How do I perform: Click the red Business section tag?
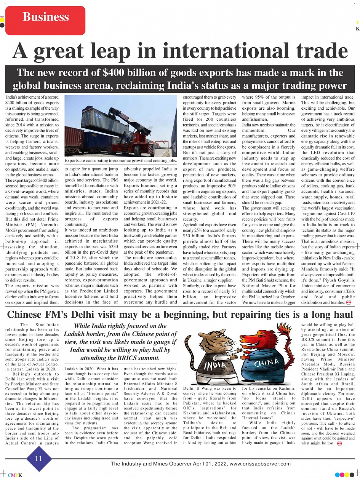click(x=45, y=20)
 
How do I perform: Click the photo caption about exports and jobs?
click(x=121, y=161)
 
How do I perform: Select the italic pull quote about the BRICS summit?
click(x=120, y=342)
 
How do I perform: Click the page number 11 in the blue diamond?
click(x=38, y=459)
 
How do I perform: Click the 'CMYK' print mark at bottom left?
click(x=15, y=475)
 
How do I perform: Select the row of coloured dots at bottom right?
click(x=344, y=475)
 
